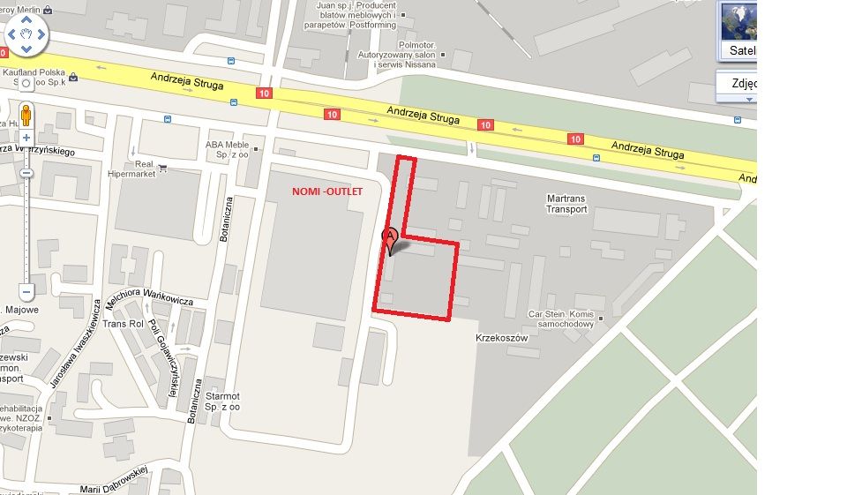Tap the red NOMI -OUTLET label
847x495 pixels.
tap(327, 191)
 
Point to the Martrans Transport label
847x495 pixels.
tap(566, 204)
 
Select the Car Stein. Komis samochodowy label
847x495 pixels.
tap(561, 319)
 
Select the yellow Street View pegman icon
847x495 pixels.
tap(26, 115)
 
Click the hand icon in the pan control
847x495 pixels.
tap(26, 35)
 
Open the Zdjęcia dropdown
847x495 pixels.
tap(736, 85)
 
